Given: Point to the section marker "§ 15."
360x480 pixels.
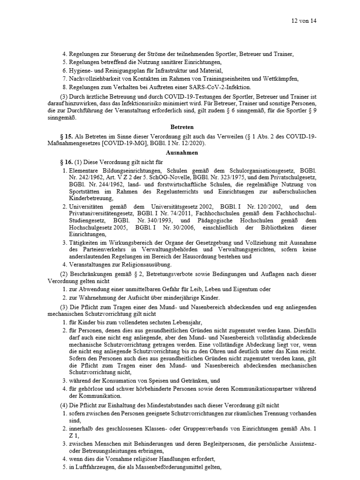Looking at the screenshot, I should (70, 136).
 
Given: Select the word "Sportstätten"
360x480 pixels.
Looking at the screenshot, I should (85, 192).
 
